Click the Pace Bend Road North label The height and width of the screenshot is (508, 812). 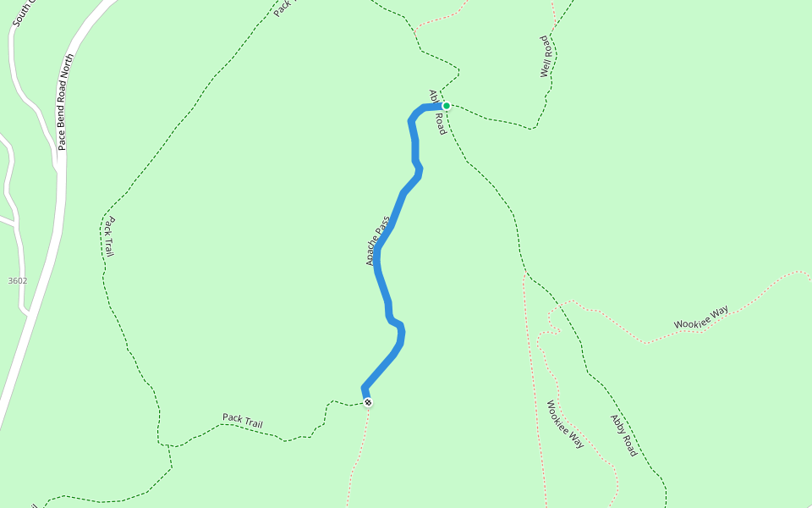point(67,102)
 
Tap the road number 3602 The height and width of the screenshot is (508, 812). point(17,280)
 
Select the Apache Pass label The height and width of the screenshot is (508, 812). point(378,241)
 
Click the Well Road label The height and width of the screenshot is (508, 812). point(546,57)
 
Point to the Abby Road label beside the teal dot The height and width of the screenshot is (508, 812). point(436,113)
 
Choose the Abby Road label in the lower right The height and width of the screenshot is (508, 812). point(623,435)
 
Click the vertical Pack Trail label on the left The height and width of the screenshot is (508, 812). point(109,237)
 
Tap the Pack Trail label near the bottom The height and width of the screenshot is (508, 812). point(243,421)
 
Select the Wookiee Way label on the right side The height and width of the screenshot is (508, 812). point(701,317)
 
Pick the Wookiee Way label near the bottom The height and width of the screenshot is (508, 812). point(565,424)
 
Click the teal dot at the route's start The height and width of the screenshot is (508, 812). point(446,106)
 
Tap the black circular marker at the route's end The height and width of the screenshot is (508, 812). point(368,402)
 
